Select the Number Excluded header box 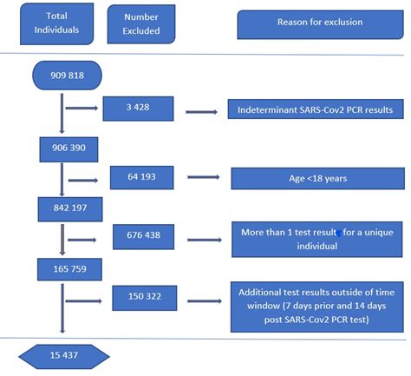coord(141,23)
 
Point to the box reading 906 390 coord(62,149)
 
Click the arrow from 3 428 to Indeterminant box coord(201,111)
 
